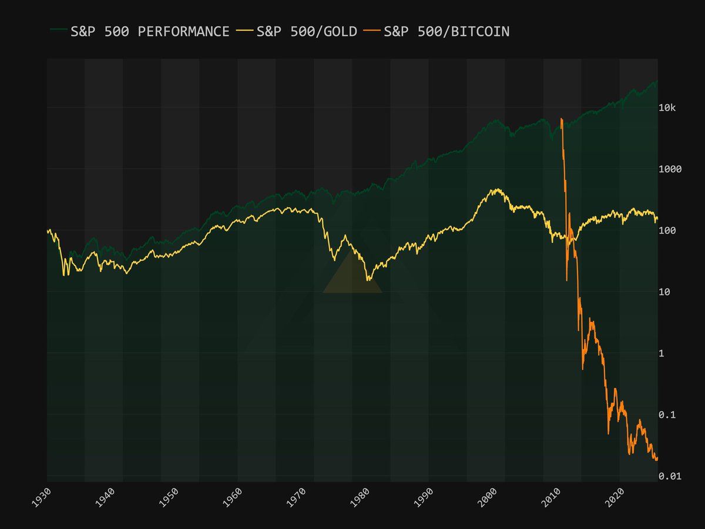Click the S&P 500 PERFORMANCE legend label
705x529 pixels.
[150, 32]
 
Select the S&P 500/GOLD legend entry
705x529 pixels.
[307, 32]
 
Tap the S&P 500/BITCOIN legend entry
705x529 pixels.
[446, 32]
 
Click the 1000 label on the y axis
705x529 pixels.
[670, 169]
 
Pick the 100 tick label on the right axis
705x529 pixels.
[667, 230]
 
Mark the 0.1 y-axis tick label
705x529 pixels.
[667, 415]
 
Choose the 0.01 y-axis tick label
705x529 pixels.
[670, 476]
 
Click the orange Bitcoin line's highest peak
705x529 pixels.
[562, 119]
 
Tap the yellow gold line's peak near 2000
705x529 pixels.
[497, 189]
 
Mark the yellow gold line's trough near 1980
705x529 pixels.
[368, 280]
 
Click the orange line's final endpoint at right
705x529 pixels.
[657, 458]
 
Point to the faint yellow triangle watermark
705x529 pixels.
[352, 276]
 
